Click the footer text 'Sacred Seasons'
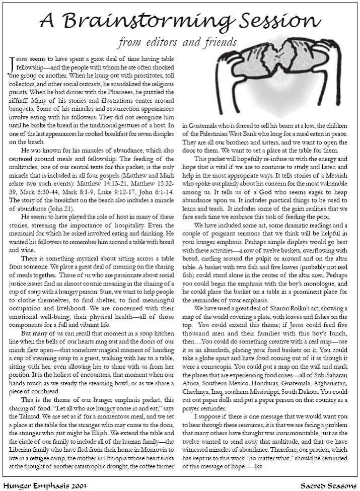pos(328,485)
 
